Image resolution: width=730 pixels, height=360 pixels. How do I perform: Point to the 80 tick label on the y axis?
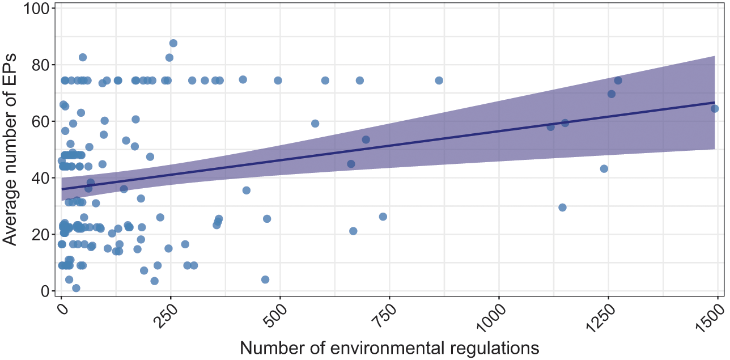pyautogui.click(x=40, y=65)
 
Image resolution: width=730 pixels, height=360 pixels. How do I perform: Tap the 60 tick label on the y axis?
pyautogui.click(x=40, y=121)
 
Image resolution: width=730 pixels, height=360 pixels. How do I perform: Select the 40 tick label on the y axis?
pyautogui.click(x=40, y=178)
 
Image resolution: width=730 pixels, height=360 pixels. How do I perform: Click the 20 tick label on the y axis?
pyautogui.click(x=40, y=234)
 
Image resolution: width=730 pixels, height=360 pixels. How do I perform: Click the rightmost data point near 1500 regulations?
pyautogui.click(x=714, y=108)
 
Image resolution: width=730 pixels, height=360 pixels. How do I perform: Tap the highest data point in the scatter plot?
pyautogui.click(x=173, y=43)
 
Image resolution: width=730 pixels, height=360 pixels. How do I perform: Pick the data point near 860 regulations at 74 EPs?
pyautogui.click(x=439, y=81)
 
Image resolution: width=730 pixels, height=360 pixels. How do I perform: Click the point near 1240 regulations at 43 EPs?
pyautogui.click(x=604, y=168)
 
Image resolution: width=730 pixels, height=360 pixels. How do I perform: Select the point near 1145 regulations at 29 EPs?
pyautogui.click(x=562, y=207)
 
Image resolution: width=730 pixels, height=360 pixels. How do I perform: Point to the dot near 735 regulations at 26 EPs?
pyautogui.click(x=383, y=217)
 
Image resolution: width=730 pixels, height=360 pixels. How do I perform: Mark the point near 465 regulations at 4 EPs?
pyautogui.click(x=265, y=279)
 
